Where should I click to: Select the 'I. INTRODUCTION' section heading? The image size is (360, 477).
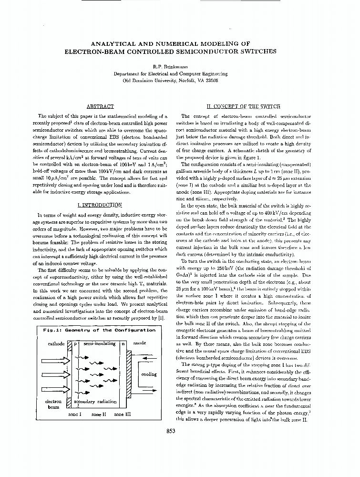(99, 205)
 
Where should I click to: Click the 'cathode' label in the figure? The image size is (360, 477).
(56, 343)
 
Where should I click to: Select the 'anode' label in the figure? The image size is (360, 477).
(140, 343)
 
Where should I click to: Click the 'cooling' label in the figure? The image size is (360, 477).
(149, 374)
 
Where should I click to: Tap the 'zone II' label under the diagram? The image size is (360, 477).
(99, 415)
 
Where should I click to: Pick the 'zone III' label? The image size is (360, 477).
(123, 415)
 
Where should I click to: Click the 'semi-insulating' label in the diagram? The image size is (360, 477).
(99, 343)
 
